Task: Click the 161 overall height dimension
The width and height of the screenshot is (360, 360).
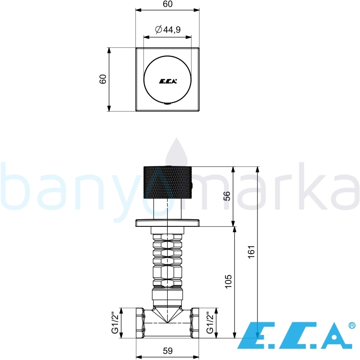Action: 252,252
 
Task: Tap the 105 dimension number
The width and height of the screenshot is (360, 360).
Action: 228,281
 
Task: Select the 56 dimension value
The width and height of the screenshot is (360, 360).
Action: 227,196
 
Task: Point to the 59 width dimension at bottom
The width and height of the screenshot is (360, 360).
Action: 168,351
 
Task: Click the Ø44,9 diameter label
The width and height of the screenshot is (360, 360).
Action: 168,30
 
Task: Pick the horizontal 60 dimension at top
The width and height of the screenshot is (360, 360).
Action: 168,4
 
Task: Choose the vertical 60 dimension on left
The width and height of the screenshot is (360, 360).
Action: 103,79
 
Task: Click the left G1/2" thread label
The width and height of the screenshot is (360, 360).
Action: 115,323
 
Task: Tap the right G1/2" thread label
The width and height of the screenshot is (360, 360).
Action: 210,323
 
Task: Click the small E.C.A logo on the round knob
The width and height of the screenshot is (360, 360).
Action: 168,81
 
